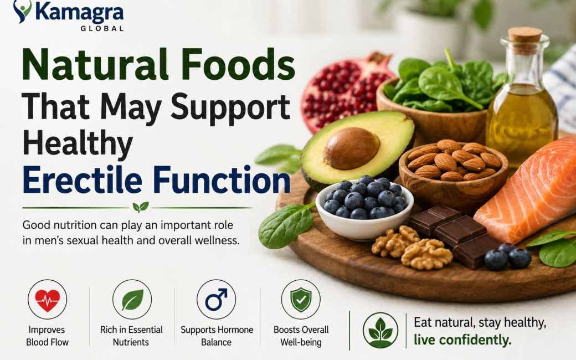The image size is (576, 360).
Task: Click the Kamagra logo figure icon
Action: [22, 11]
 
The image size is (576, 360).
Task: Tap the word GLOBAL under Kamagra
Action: [102, 28]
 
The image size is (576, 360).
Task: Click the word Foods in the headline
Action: [238, 65]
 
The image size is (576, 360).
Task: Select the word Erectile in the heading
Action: [83, 180]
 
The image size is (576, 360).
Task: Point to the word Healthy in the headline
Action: [78, 144]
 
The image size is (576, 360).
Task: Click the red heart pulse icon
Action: [48, 300]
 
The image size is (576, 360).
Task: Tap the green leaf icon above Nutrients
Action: [132, 300]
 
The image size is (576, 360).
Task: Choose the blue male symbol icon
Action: [217, 300]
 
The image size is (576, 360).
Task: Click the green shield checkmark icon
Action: [301, 300]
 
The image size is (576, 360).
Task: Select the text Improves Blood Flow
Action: [47, 336]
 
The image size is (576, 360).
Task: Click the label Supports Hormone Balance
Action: [217, 336]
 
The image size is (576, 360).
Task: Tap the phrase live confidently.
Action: [462, 340]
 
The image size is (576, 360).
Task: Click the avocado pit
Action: [351, 148]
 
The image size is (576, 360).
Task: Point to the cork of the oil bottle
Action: [525, 39]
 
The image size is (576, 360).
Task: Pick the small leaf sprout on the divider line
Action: [141, 207]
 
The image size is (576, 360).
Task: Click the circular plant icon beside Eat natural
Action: [380, 330]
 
